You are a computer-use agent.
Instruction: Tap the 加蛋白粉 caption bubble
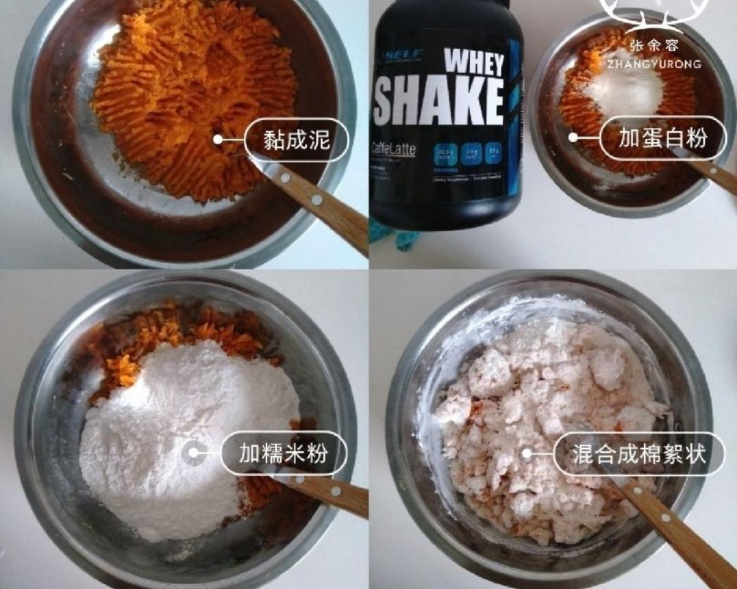663,138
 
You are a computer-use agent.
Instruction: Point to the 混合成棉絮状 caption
638,454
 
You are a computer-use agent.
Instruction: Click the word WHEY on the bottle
475,63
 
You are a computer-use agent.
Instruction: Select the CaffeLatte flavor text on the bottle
393,149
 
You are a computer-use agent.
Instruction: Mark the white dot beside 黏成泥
218,140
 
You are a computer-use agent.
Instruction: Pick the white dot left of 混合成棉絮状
526,453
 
